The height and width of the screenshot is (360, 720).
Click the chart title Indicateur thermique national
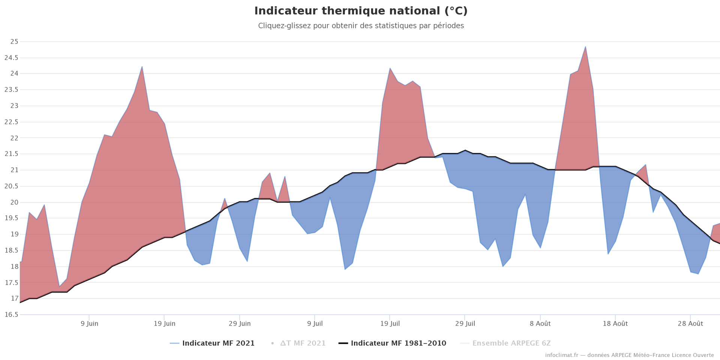(361, 11)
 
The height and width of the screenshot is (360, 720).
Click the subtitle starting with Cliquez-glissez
(361, 26)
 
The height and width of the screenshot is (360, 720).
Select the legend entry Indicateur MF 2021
(218, 343)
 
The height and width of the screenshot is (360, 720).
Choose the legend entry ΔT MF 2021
(303, 343)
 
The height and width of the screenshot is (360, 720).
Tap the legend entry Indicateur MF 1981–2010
(398, 343)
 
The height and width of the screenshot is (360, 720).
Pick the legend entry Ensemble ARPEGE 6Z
(511, 343)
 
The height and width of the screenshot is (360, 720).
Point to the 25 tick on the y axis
(14, 42)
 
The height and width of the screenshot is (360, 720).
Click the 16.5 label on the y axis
(11, 315)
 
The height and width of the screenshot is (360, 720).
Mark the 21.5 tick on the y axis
(11, 154)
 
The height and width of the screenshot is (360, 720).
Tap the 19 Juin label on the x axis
(165, 324)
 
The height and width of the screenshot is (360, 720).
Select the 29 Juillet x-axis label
(465, 324)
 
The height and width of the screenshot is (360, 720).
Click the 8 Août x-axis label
(540, 324)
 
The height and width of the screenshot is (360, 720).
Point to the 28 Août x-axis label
(690, 324)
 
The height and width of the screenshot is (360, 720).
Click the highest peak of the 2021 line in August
(585, 47)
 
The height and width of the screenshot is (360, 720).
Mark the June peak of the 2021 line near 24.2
(142, 67)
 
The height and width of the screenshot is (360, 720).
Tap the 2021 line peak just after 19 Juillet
(390, 68)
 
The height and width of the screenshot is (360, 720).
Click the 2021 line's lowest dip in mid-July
(345, 269)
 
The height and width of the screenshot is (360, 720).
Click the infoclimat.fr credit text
(629, 355)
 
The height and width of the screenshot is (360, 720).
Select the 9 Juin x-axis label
(90, 324)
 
